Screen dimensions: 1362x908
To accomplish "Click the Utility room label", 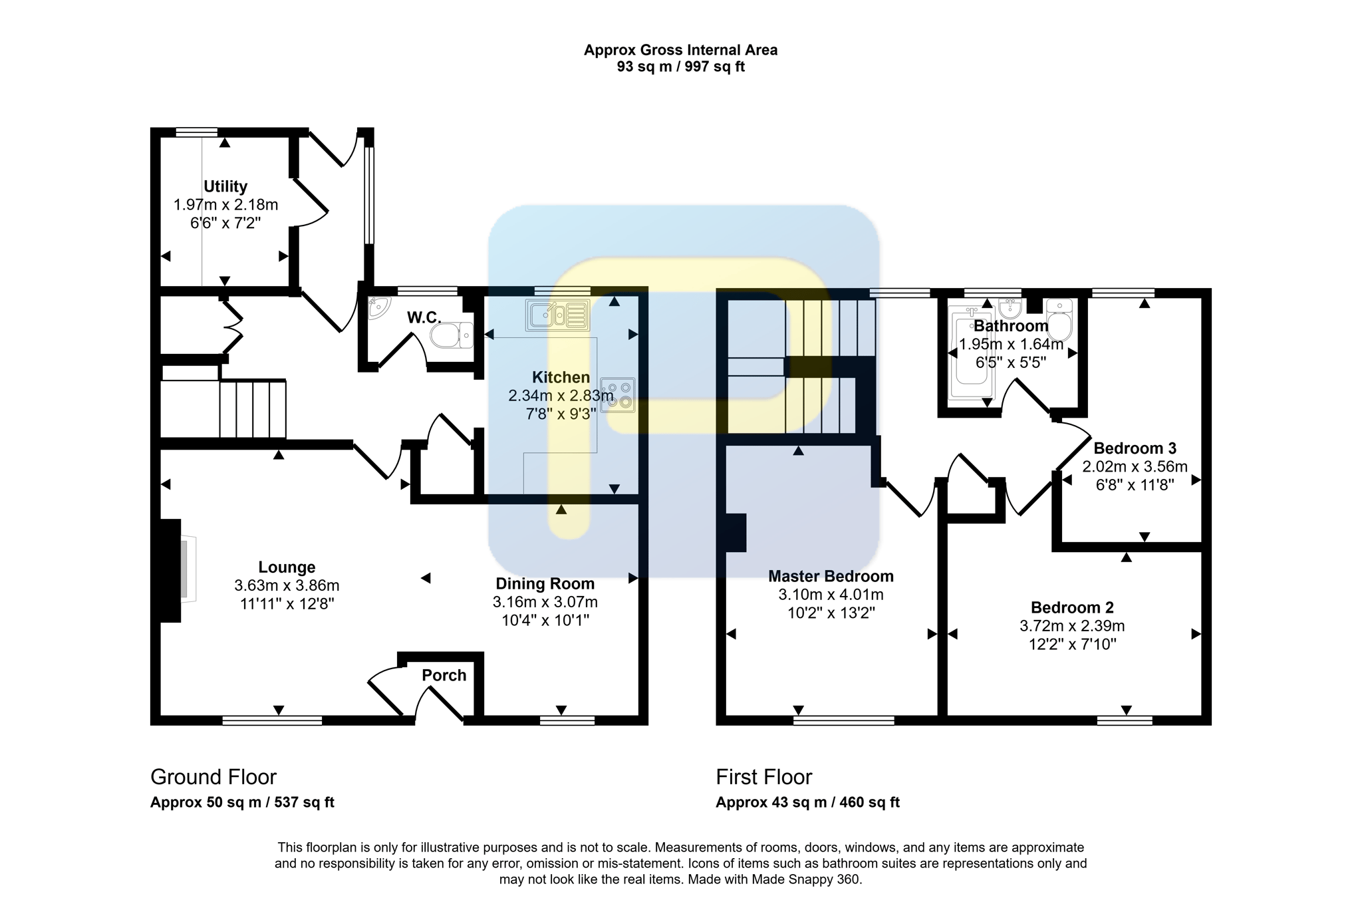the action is (225, 186).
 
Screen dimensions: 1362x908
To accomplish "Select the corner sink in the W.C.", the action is (379, 307).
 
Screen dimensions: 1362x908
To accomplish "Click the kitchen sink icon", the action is (558, 315).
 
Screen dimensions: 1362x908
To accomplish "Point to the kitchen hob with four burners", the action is (618, 395).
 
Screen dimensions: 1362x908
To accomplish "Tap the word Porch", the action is (444, 675).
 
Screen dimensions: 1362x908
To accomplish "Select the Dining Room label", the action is (545, 583).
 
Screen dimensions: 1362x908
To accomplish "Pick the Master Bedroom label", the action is (831, 576).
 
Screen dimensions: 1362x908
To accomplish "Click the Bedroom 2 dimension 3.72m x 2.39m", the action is (1072, 626).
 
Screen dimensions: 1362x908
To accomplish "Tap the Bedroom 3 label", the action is (1135, 448).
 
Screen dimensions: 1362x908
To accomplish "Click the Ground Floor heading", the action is (213, 777).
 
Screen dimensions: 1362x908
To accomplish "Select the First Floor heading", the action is (764, 777).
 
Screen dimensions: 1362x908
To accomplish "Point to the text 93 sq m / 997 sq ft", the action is (681, 67).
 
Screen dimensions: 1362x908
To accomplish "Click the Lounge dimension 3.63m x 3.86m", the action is (287, 585).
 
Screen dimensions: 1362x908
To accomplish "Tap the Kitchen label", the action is (561, 377).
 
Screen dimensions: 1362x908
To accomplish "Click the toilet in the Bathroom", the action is (1058, 321).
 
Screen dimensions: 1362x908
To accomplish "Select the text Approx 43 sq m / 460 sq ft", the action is (807, 802).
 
